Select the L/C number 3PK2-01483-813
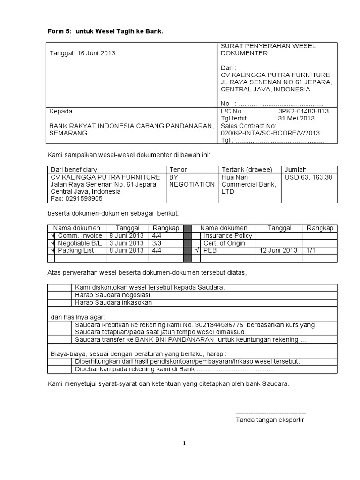click(304, 112)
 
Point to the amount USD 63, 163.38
click(308, 177)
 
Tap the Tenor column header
click(178, 169)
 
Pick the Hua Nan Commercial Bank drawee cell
click(248, 184)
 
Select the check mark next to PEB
click(197, 250)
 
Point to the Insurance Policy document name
click(228, 235)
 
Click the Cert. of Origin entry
click(224, 243)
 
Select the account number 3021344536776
click(221, 324)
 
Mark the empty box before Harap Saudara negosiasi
click(60, 295)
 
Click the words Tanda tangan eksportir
click(270, 420)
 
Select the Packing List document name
click(76, 250)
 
